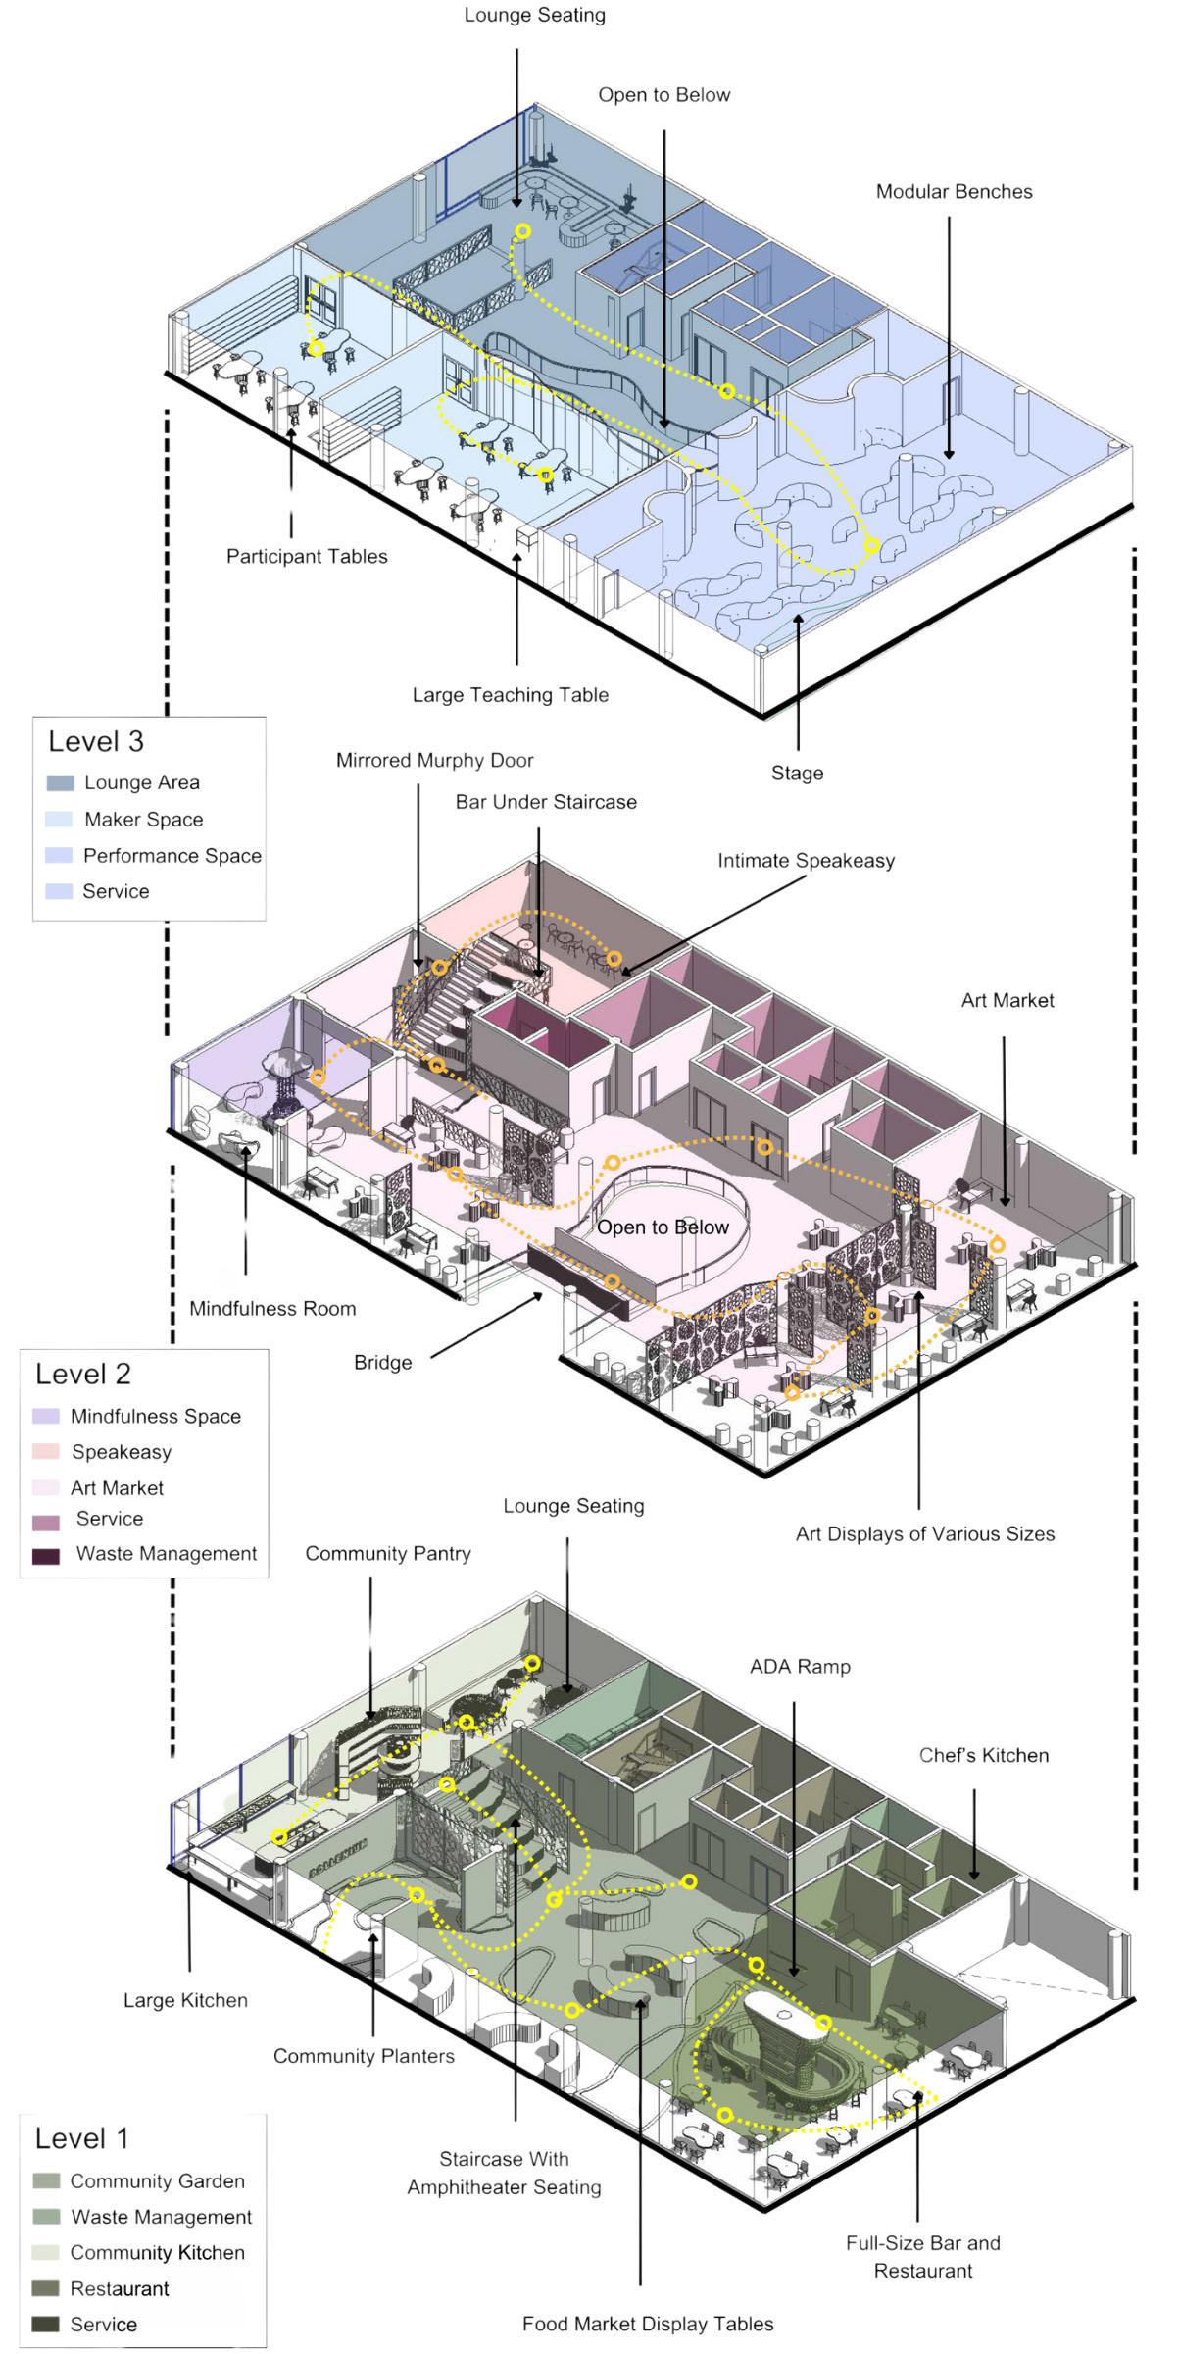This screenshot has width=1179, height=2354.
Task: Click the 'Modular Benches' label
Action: click(954, 191)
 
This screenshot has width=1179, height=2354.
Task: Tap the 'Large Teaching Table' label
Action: click(510, 695)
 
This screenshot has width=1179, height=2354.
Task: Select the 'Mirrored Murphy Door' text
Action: click(434, 760)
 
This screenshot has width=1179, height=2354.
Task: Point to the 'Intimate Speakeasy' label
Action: click(806, 860)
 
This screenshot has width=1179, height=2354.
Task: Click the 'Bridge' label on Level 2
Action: click(382, 1362)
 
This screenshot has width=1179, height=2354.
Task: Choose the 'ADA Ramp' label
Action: click(800, 1666)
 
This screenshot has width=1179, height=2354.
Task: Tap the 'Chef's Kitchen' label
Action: click(983, 1755)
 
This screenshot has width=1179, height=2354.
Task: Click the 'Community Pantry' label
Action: click(387, 1553)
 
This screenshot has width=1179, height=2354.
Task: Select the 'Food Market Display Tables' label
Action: click(647, 2324)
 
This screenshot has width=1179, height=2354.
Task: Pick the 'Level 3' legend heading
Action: click(96, 741)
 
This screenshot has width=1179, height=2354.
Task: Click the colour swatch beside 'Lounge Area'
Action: click(59, 782)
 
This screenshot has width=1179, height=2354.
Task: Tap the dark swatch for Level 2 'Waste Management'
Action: click(46, 1555)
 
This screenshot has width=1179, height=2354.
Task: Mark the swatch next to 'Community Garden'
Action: click(46, 2180)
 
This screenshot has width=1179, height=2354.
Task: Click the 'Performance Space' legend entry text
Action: click(172, 855)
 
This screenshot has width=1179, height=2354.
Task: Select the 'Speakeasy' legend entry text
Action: click(121, 1451)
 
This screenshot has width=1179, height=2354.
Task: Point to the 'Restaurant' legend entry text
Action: click(119, 2288)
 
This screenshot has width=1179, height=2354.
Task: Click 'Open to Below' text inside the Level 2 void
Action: click(663, 1227)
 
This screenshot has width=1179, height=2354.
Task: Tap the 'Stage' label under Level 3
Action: click(797, 773)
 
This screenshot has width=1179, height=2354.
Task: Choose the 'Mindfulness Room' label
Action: click(272, 1308)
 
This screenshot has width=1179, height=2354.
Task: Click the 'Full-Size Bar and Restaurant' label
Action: click(922, 2256)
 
